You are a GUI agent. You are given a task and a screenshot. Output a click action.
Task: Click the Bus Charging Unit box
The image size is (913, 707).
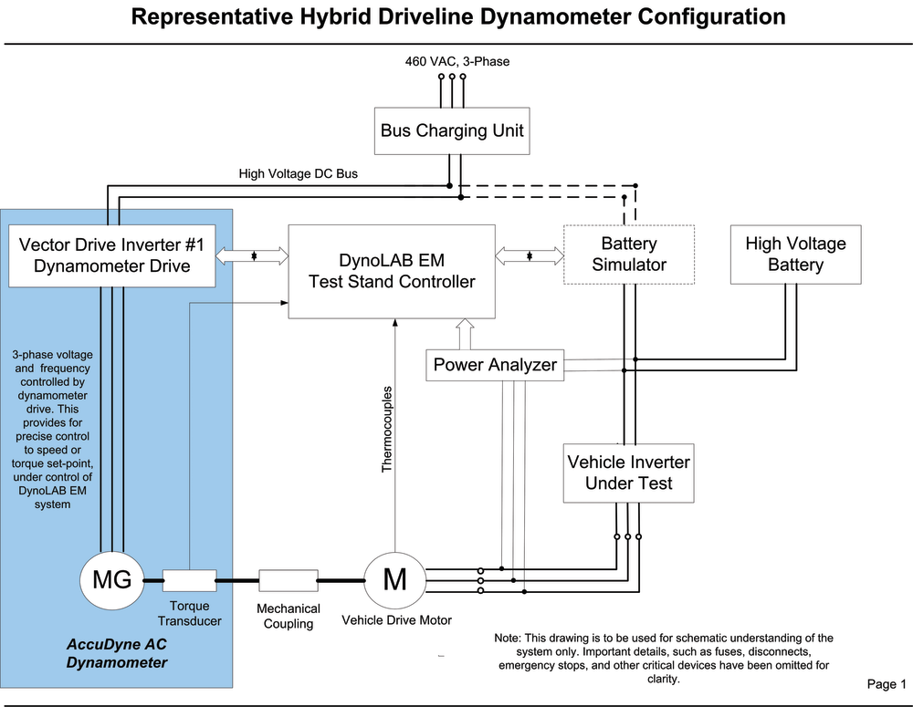pyautogui.click(x=452, y=130)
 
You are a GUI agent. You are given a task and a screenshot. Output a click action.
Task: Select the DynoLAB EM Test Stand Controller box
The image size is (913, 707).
pyautogui.click(x=392, y=271)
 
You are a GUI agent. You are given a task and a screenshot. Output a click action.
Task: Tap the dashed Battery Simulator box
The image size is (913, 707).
pyautogui.click(x=629, y=255)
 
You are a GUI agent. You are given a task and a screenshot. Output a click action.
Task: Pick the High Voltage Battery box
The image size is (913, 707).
pyautogui.click(x=795, y=255)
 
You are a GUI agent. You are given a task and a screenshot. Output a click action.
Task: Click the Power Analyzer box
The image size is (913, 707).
pyautogui.click(x=495, y=365)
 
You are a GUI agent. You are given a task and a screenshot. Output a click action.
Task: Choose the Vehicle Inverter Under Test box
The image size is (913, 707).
pyautogui.click(x=628, y=473)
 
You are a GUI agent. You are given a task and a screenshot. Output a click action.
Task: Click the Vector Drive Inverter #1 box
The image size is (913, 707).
pyautogui.click(x=110, y=255)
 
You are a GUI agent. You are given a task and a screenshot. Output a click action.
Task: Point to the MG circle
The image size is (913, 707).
pyautogui.click(x=111, y=578)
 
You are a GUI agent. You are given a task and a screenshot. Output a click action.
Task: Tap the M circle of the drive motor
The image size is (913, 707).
pyautogui.click(x=395, y=578)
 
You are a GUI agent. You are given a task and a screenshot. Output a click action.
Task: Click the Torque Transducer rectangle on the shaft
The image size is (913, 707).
pyautogui.click(x=189, y=579)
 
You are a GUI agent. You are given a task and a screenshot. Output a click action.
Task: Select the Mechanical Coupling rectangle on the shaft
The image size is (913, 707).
pyautogui.click(x=288, y=579)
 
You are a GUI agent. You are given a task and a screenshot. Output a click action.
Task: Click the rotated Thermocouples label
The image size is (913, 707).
pyautogui.click(x=386, y=428)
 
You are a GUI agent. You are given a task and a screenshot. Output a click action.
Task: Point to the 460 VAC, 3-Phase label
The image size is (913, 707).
pyautogui.click(x=457, y=61)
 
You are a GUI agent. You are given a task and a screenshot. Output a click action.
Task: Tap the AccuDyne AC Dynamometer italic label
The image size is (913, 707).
pyautogui.click(x=117, y=653)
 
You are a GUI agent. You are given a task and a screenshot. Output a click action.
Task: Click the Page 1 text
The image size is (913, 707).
pyautogui.click(x=886, y=684)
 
